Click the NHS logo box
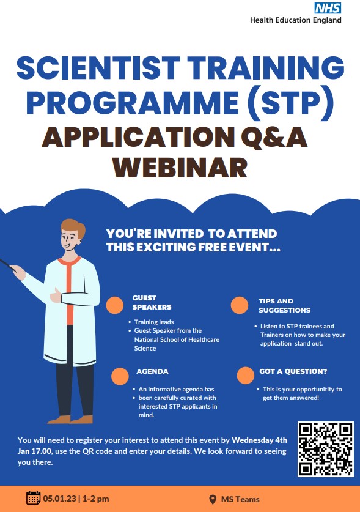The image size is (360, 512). (x=328, y=8)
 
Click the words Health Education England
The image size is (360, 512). (x=295, y=20)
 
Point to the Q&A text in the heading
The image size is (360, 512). (x=273, y=137)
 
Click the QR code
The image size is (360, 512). (x=325, y=449)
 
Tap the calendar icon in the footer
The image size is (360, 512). (x=33, y=498)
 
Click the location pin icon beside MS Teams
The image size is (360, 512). (x=213, y=499)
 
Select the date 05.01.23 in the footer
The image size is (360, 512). (x=59, y=499)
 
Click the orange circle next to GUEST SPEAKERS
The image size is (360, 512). (x=115, y=305)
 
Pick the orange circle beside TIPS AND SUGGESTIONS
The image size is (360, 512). (x=240, y=305)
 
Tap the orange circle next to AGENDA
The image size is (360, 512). (x=120, y=375)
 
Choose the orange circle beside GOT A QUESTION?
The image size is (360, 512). (x=245, y=374)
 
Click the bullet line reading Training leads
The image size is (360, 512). (x=153, y=322)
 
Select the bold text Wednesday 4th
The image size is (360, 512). (x=260, y=440)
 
